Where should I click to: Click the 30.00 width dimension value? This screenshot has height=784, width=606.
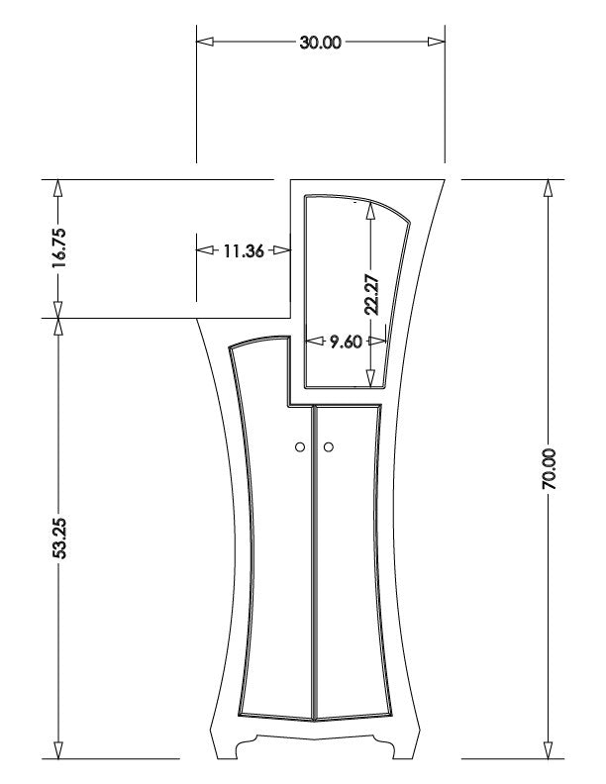[321, 43]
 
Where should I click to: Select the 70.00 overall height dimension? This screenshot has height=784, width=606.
[549, 468]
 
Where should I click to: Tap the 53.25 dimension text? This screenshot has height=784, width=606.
[59, 538]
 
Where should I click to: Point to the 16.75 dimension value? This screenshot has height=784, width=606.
[58, 248]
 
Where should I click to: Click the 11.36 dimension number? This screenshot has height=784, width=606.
[243, 250]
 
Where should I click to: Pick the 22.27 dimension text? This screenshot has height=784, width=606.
[371, 295]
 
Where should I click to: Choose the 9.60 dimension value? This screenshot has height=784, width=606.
[346, 342]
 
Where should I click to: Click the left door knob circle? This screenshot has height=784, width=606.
[300, 447]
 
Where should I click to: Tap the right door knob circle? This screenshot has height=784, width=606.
[329, 447]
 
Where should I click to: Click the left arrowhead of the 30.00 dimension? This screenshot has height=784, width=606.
[205, 42]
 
